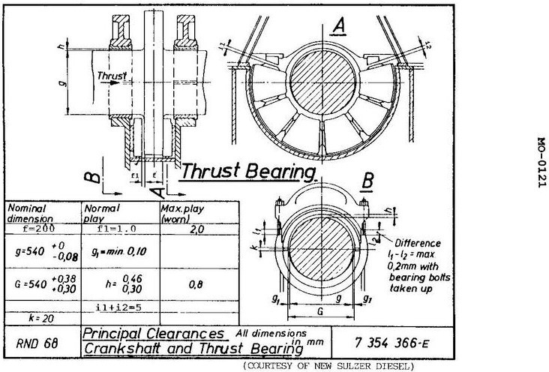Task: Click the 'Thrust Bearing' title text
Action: [x=247, y=172]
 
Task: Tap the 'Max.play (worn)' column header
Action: [x=180, y=212]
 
